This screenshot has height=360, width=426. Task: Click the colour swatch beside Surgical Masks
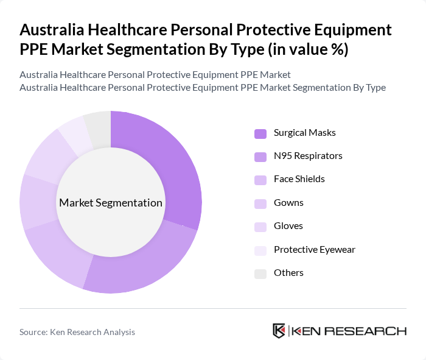coord(260,133)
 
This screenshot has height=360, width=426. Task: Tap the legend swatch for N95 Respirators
coord(260,157)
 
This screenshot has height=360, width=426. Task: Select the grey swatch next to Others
coord(260,274)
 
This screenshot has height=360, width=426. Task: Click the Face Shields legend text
coord(299,179)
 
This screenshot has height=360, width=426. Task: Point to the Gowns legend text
coord(288,202)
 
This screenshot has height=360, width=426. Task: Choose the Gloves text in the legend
coord(288,226)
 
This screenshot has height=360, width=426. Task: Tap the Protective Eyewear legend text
coord(314,249)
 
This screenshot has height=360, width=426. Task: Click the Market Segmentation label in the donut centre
coord(110,203)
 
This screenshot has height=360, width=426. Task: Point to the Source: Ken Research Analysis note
coord(77,332)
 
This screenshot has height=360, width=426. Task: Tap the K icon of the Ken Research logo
coord(279,331)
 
